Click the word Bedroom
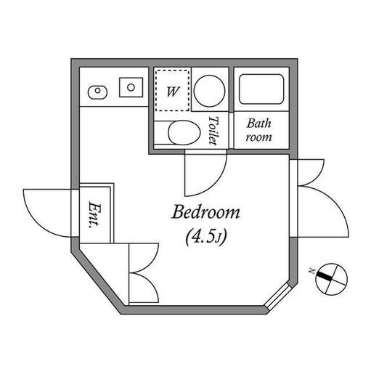205,212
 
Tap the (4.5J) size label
206,237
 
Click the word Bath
259,124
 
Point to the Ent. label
94,214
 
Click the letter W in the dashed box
173,92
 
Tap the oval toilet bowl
184,133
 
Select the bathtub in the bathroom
261,89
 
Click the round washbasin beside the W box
210,92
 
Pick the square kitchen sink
131,87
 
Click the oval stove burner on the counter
97,92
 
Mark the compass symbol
332,279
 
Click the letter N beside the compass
311,271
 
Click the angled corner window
278,296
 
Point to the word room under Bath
258,137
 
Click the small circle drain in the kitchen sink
131,87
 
